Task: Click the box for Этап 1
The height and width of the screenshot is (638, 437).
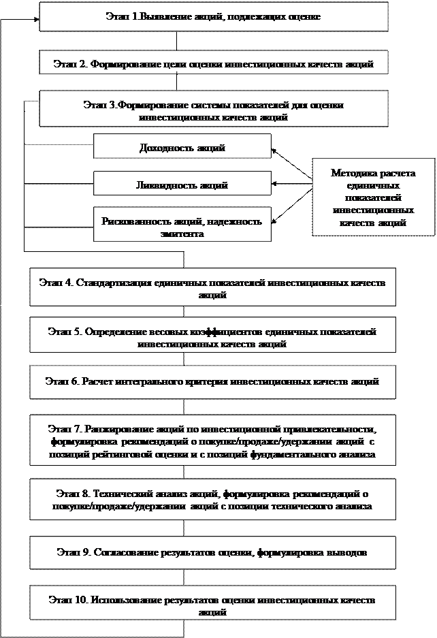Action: point(213,16)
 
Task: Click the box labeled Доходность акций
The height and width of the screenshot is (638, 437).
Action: point(182,147)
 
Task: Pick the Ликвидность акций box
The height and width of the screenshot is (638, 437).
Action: point(182,185)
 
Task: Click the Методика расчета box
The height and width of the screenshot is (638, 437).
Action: point(372,198)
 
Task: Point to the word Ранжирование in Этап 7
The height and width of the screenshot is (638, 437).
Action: point(115,430)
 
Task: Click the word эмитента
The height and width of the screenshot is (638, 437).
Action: point(182,233)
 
